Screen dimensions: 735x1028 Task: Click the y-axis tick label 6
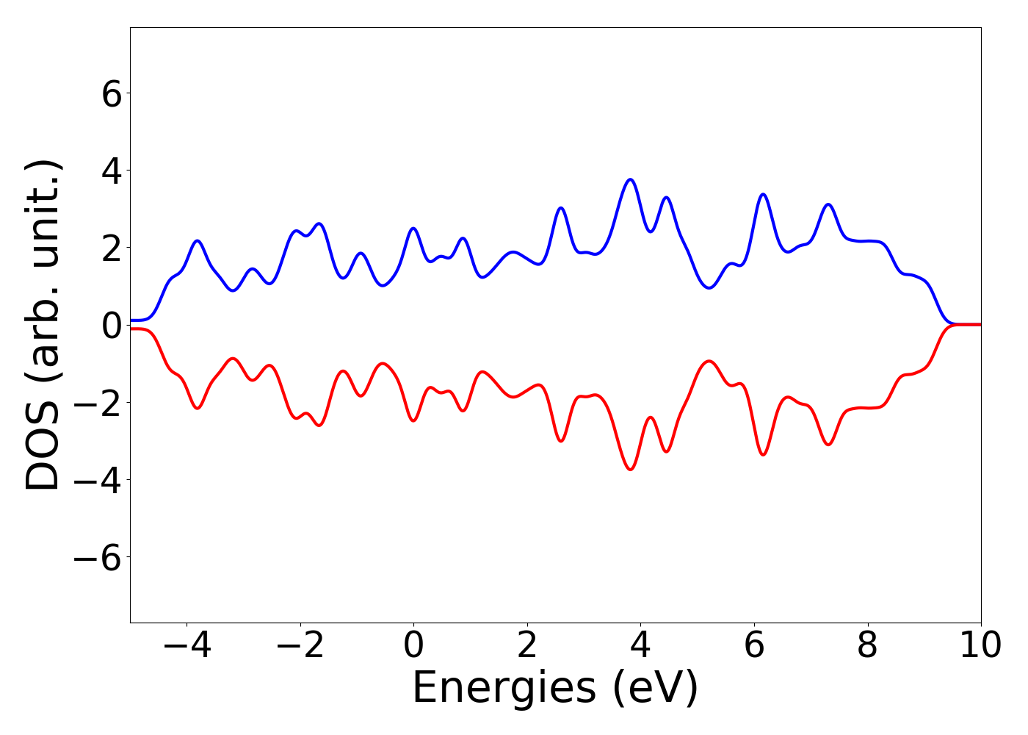coord(111,94)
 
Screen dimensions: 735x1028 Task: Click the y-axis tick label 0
coord(111,326)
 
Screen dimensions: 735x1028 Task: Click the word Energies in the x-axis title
coord(503,689)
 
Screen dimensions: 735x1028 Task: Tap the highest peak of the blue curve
coord(630,179)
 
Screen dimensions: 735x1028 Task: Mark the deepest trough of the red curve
coord(630,469)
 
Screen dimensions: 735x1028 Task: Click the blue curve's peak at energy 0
coord(413,229)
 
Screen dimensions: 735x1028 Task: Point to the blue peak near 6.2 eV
coord(763,194)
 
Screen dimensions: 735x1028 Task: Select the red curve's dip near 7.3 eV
coord(828,445)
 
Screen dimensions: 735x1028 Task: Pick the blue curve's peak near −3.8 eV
coord(198,240)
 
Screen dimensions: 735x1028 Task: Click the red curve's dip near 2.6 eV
coord(561,441)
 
